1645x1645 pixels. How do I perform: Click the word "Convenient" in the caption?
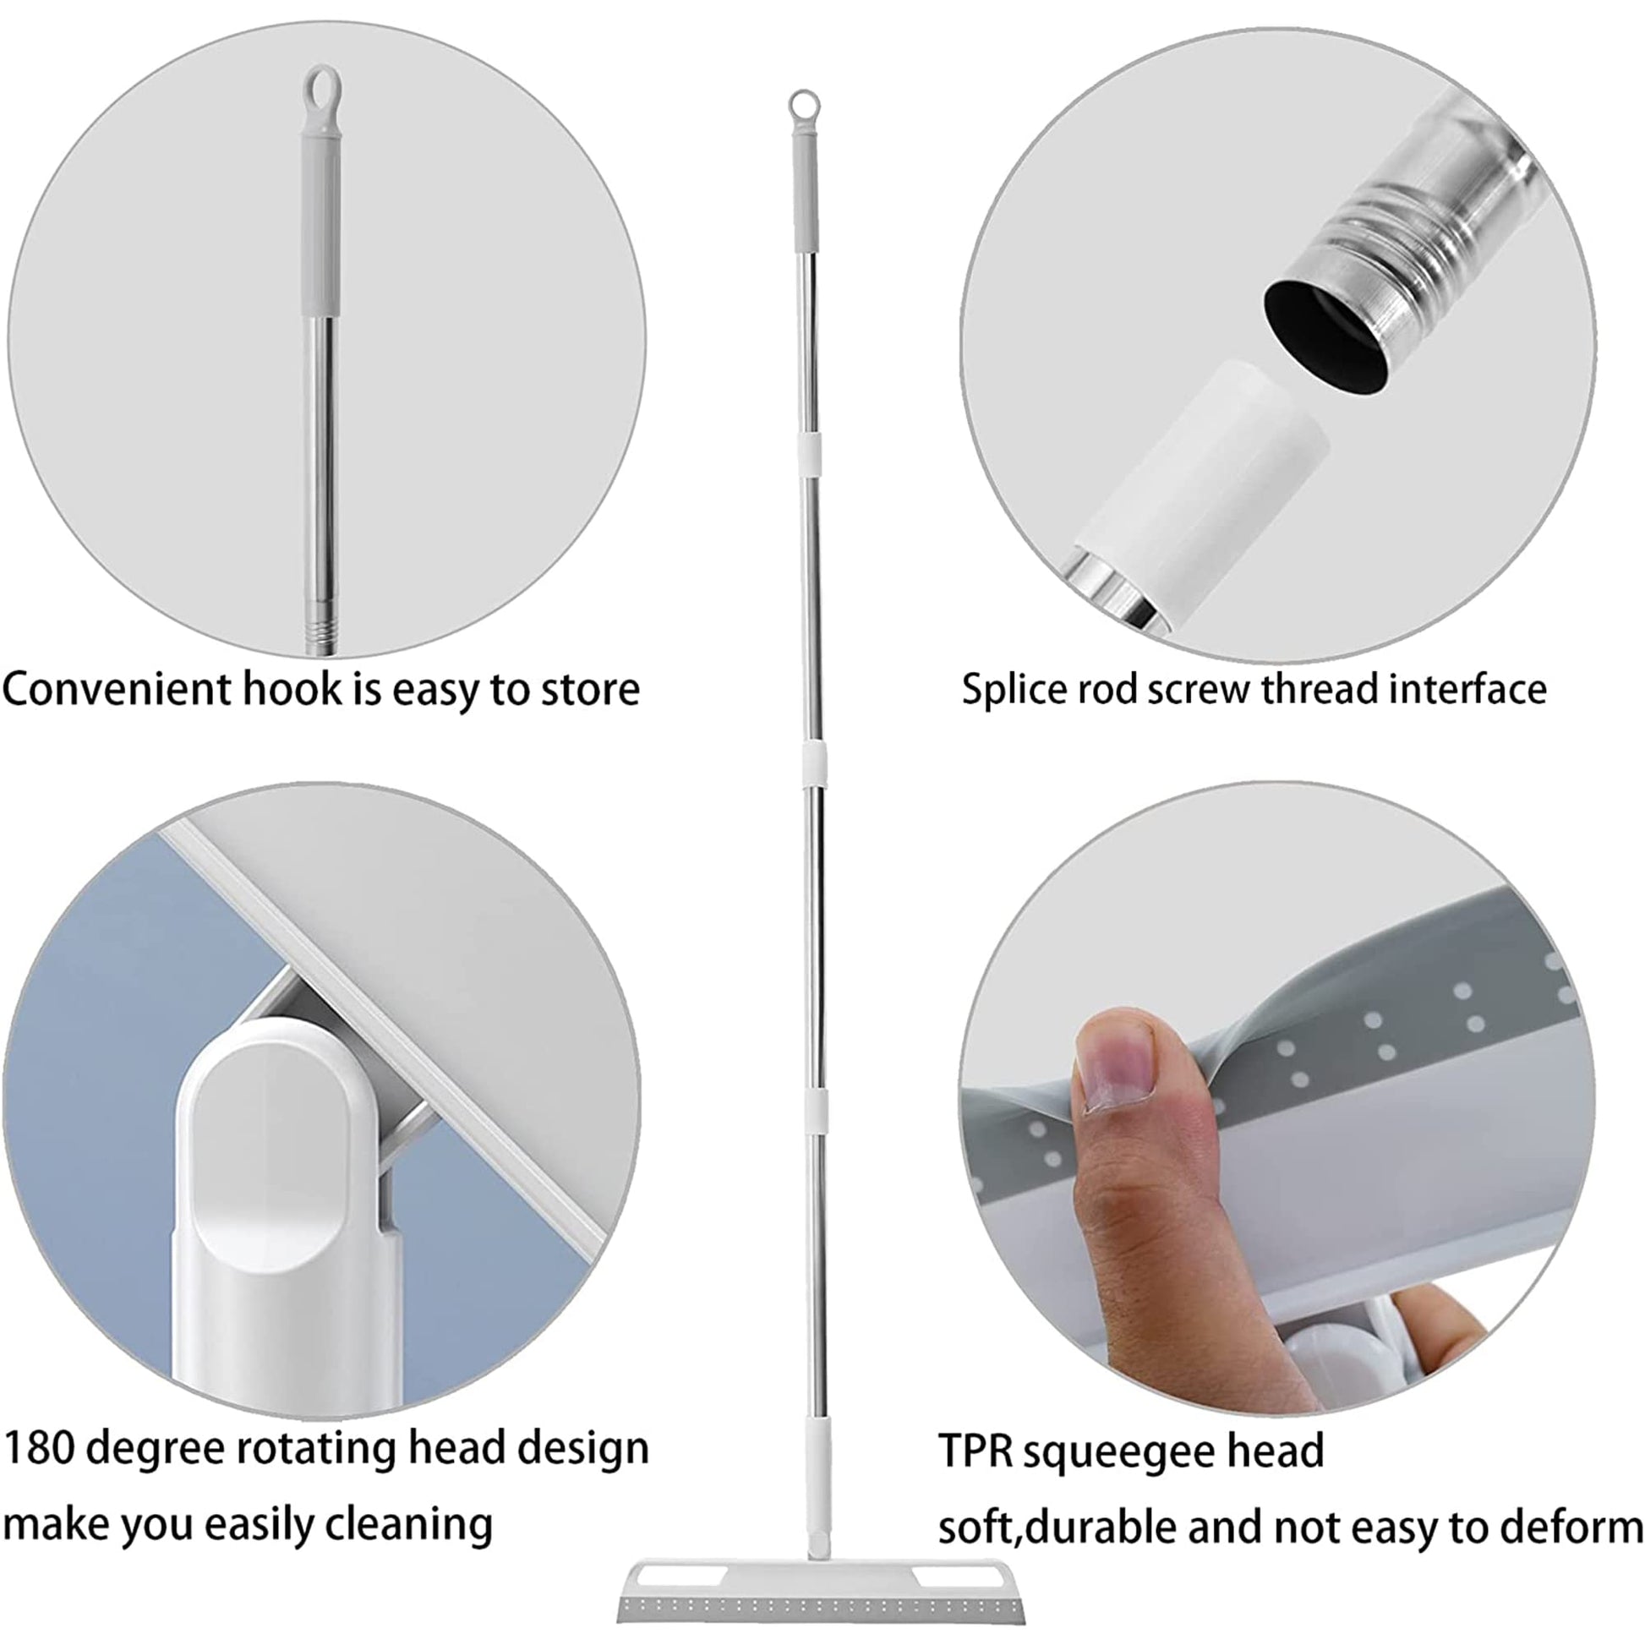116,689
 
